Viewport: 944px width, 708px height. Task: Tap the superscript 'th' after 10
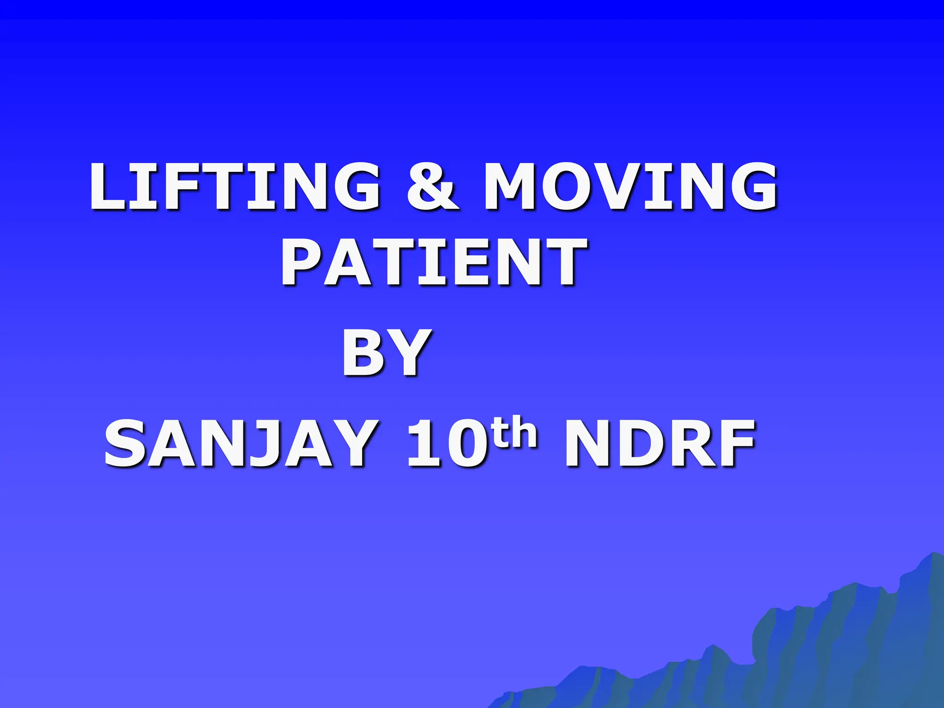(515, 432)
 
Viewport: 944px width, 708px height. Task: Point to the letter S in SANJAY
(124, 443)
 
